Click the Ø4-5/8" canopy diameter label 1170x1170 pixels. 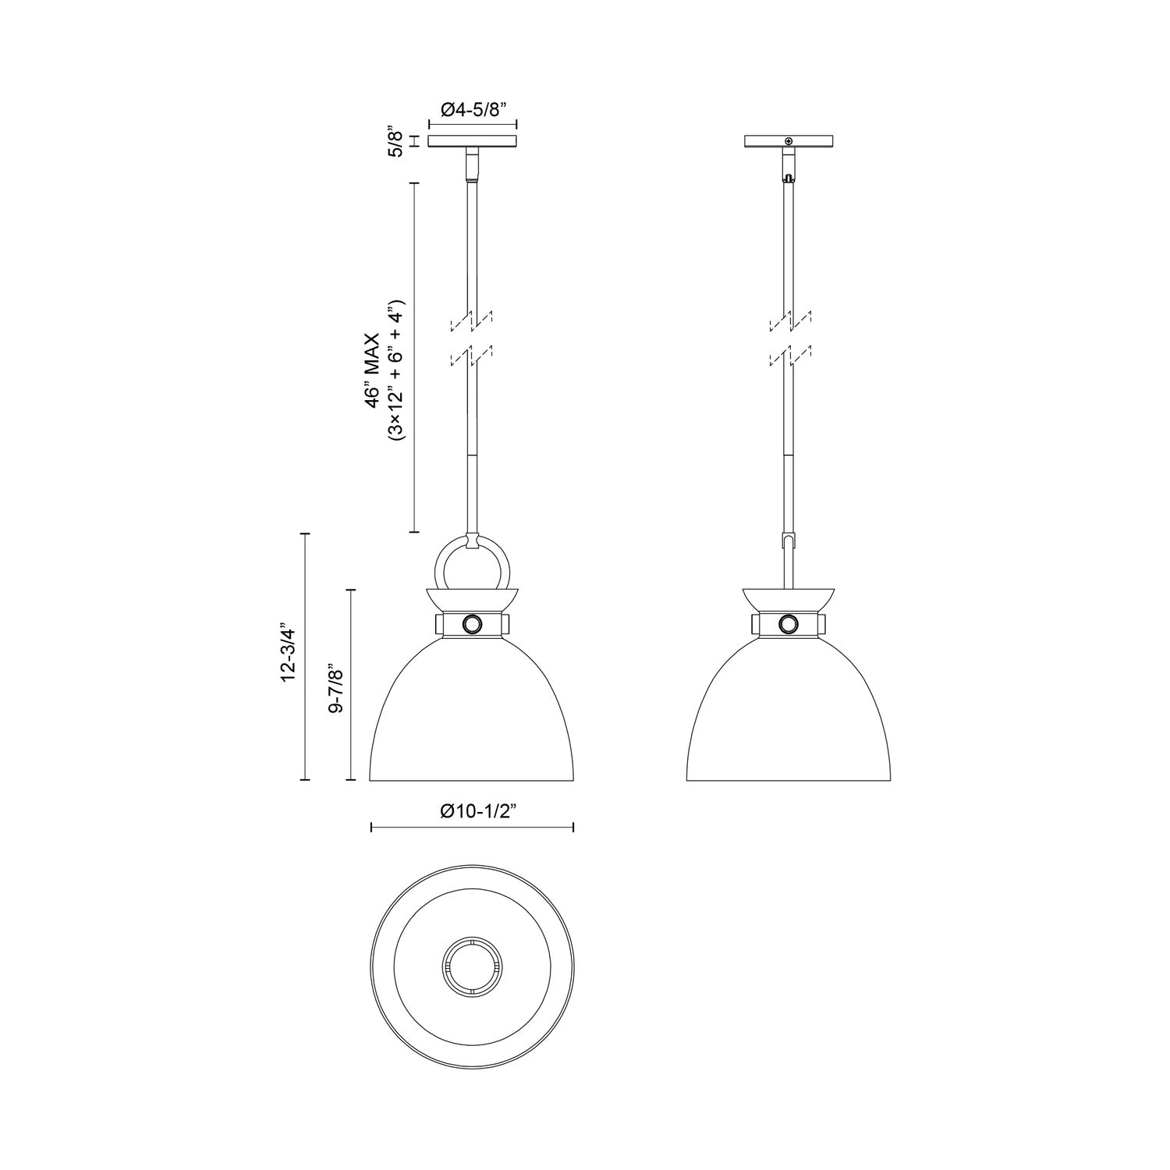click(473, 109)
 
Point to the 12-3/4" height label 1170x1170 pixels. click(289, 654)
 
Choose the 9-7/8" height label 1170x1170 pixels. click(338, 684)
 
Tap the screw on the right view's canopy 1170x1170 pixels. click(789, 141)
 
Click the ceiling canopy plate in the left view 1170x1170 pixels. click(473, 141)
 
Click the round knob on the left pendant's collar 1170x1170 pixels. click(473, 624)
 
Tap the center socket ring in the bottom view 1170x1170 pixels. click(473, 965)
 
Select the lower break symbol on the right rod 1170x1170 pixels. click(789, 357)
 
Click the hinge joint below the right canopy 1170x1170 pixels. click(789, 167)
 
